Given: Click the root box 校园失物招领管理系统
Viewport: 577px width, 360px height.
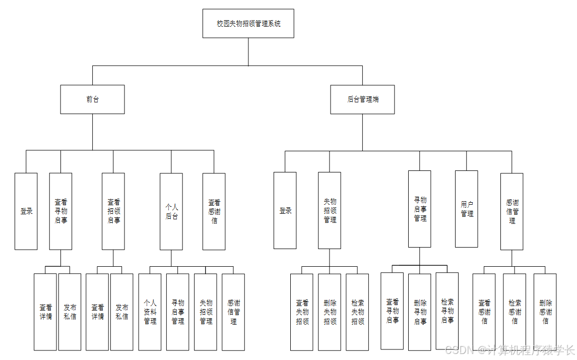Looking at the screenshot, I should [x=248, y=23].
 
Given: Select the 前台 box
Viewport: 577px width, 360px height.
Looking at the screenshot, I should [x=92, y=99].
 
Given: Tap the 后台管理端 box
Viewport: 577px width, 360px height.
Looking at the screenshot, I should [x=362, y=99].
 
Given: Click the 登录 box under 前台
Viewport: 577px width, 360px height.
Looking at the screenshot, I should [x=26, y=211].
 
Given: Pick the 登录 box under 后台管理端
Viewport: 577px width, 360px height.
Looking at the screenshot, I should [x=285, y=210].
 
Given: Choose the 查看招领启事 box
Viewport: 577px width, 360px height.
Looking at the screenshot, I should [x=113, y=211].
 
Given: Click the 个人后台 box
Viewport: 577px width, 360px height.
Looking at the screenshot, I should [x=171, y=211].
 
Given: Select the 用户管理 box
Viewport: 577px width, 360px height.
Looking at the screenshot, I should [x=467, y=209].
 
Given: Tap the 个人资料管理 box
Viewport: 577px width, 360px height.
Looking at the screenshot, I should [x=150, y=312].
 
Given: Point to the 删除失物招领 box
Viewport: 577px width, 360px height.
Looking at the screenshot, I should [x=330, y=312].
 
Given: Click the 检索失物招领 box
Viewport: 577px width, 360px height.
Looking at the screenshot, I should [x=357, y=312].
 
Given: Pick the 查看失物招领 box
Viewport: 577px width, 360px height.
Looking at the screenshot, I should [x=302, y=312].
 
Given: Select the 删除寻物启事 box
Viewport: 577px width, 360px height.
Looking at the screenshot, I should [x=420, y=311].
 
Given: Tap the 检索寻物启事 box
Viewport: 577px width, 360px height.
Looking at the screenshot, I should [x=447, y=311].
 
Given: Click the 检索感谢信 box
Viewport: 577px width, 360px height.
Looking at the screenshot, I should [x=515, y=312].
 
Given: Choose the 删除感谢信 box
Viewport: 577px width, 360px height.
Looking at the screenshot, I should [x=545, y=312].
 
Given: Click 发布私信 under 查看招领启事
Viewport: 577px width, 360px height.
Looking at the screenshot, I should [x=122, y=312].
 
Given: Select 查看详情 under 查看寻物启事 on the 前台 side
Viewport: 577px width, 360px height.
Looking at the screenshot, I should [x=45, y=312].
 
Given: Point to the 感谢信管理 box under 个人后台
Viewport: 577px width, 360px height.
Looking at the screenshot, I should [x=233, y=312].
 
